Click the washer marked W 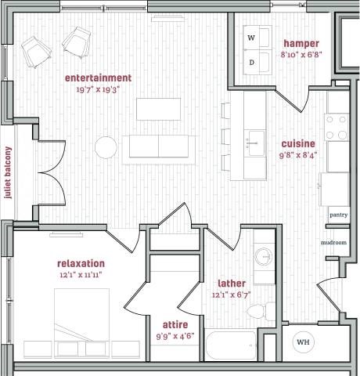252,38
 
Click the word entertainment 98,78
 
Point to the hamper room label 301,43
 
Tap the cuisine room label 299,143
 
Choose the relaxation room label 81,263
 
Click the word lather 232,283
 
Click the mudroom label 333,243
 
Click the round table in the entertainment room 106,146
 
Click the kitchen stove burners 337,128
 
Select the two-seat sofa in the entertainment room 154,147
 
